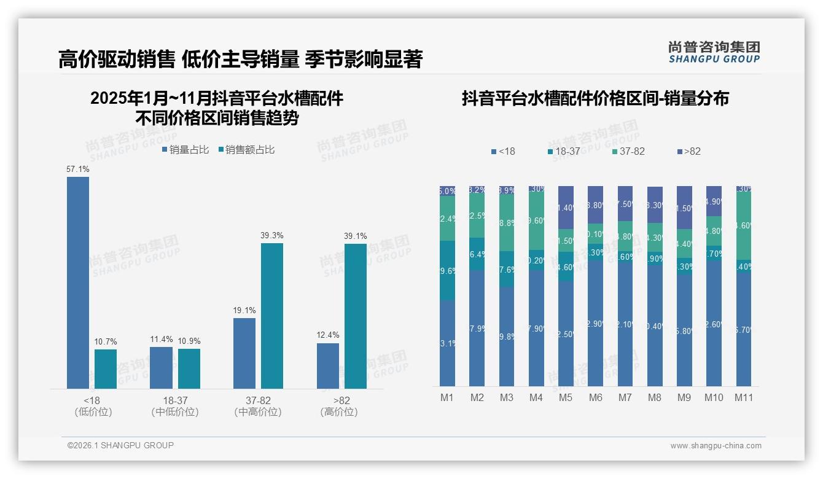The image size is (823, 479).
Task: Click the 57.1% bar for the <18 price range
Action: point(78,282)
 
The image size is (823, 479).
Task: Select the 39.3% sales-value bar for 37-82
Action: point(272,316)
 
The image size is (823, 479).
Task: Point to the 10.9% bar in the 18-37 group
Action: point(189,368)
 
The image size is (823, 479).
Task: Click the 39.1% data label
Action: point(356,236)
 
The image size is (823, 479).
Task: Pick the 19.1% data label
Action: point(244,310)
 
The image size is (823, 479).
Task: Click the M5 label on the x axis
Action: point(566,397)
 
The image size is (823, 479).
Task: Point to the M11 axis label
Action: point(744,397)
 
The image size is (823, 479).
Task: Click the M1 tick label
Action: point(447,397)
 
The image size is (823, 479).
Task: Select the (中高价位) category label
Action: point(258,412)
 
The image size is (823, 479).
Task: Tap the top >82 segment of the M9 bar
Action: point(684,207)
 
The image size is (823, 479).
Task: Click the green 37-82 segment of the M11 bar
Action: point(744,225)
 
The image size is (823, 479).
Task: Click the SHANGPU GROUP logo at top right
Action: point(714,52)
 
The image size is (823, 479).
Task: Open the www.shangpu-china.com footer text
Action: point(716,446)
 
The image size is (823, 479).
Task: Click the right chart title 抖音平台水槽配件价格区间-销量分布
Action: point(595,98)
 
